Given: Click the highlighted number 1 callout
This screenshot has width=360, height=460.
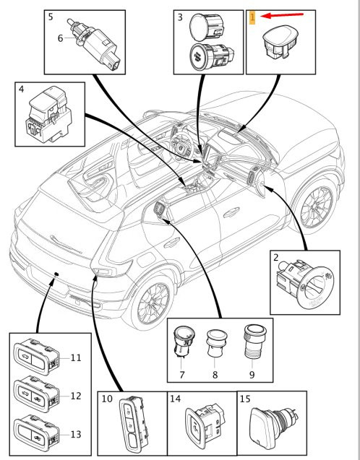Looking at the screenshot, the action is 252,17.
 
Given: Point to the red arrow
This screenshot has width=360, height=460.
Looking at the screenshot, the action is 282,15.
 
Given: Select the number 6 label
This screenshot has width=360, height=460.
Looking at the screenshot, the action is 60,38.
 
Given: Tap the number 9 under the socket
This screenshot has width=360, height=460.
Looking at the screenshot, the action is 252,375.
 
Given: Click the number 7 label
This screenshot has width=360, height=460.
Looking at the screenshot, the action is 182,375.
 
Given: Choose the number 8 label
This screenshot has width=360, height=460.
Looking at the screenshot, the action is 215,375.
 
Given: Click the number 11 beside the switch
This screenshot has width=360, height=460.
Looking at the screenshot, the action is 76,357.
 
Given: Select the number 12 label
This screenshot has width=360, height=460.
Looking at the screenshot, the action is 76,396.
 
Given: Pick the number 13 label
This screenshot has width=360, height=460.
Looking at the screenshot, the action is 76,434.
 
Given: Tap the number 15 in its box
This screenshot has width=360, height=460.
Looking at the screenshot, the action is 245,399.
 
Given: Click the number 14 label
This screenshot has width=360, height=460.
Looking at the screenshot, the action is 176,399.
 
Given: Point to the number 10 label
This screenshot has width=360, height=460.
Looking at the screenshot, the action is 107,399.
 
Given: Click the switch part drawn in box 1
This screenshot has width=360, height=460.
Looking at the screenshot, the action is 280,42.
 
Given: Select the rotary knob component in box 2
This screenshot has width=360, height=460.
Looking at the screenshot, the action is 305,283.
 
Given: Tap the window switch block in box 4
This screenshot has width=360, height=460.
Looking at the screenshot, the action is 48,114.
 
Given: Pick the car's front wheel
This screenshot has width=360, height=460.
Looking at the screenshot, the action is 315,207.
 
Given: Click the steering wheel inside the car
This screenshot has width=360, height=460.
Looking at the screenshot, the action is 181,146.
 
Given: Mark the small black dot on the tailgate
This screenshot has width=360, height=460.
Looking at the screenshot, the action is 56,274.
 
